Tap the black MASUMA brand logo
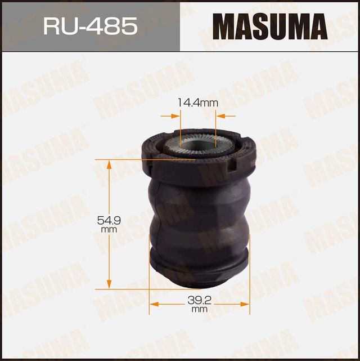pos(269,26)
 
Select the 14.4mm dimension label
pos(197,103)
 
